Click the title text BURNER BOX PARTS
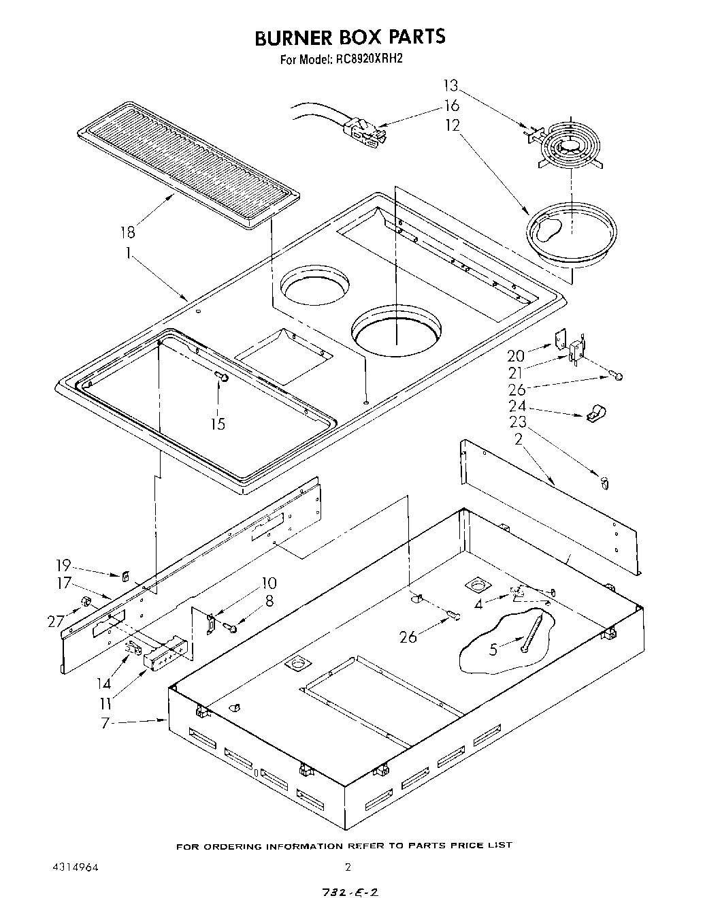tap(350, 37)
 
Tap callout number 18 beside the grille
tap(127, 231)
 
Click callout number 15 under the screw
tap(218, 423)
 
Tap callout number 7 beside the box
tap(105, 723)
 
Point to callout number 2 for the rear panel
tap(518, 439)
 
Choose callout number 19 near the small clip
tap(63, 565)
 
